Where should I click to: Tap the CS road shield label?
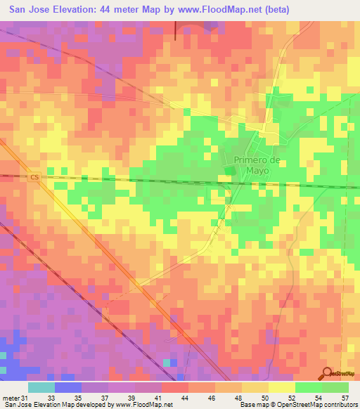[34, 178]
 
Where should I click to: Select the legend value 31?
[25, 399]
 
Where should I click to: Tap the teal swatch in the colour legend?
[41, 387]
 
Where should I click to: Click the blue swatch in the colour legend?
[68, 387]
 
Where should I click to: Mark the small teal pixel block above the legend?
[167, 363]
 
